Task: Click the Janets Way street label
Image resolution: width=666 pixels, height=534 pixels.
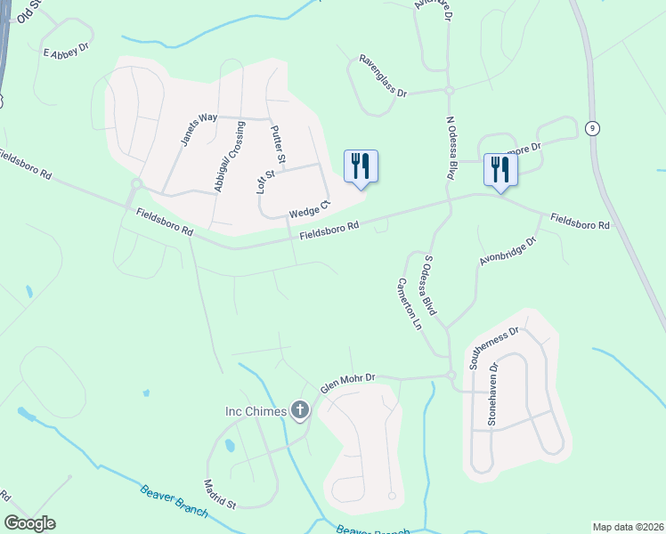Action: [199, 129]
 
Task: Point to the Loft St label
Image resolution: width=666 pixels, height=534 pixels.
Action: [262, 176]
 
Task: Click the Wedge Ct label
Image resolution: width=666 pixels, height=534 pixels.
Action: [309, 210]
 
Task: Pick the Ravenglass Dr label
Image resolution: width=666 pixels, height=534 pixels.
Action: [382, 76]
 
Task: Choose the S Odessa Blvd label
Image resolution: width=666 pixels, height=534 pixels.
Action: [429, 286]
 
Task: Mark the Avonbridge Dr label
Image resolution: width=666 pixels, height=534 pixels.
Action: [509, 251]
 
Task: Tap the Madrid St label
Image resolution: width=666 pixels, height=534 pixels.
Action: [219, 494]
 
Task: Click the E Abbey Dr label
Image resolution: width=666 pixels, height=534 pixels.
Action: [67, 50]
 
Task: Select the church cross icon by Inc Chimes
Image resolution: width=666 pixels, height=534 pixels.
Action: [301, 410]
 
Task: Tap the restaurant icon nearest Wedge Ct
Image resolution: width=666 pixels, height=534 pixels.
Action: [361, 166]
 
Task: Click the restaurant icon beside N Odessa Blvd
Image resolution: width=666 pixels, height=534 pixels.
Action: [499, 169]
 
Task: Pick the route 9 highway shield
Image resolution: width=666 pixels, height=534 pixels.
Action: [592, 128]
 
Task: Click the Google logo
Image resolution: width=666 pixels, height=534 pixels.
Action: [30, 523]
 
